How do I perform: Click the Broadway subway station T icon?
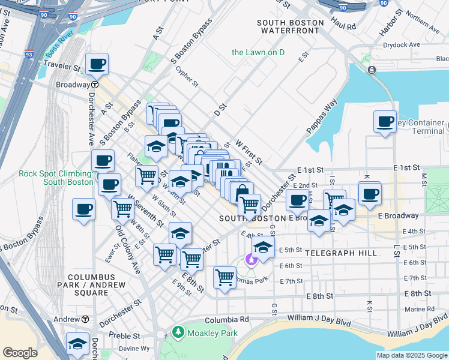point(95,85)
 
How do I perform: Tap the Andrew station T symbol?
point(85,319)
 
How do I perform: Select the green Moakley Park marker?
point(178,332)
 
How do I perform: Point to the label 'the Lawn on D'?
point(258,53)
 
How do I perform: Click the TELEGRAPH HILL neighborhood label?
point(341,253)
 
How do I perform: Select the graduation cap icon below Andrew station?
point(77,343)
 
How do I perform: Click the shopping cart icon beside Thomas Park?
point(224,277)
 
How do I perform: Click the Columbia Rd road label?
point(226,320)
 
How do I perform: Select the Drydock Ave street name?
point(402,44)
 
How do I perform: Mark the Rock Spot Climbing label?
point(55,178)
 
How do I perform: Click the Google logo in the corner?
point(20,353)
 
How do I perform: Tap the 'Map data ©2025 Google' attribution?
point(411,355)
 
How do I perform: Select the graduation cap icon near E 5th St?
point(263,245)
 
